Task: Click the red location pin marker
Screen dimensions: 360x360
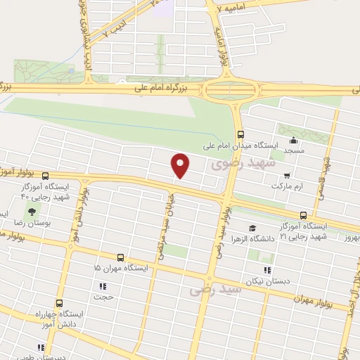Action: pos(181,165)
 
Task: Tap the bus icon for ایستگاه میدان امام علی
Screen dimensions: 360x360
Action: pos(241,134)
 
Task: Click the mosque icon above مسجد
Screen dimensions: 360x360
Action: pos(293,139)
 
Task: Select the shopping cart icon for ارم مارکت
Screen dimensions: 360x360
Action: pos(286,175)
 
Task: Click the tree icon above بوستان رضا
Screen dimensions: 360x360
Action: pos(30,211)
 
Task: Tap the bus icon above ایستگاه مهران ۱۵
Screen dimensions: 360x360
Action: pos(120,257)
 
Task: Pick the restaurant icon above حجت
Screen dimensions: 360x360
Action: pos(103,286)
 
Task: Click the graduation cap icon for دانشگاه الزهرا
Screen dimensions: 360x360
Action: pos(252,228)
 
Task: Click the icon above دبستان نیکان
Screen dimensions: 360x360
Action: pos(266,270)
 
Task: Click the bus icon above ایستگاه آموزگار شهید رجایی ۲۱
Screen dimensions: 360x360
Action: pos(303,215)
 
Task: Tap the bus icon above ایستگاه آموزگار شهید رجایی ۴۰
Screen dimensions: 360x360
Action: pos(46,176)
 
